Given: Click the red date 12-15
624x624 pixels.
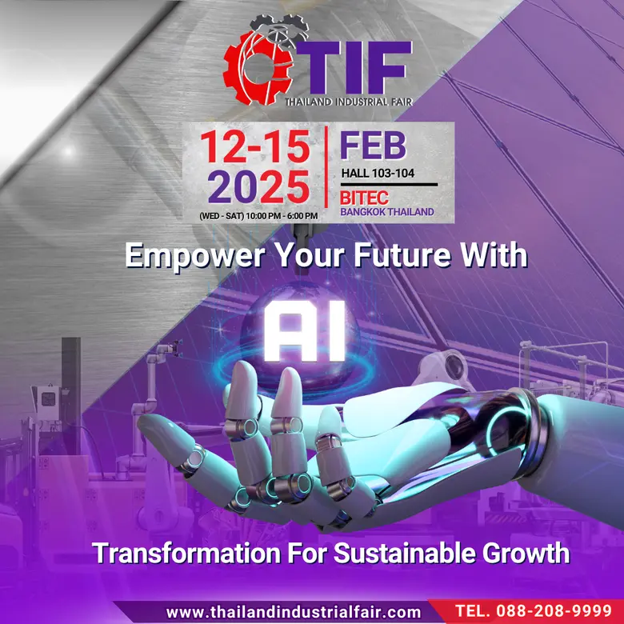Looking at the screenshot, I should [254, 147].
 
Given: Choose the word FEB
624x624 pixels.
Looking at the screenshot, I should [373, 146].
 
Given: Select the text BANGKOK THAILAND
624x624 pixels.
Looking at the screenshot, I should [387, 213].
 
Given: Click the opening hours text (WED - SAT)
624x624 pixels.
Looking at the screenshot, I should [258, 215].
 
